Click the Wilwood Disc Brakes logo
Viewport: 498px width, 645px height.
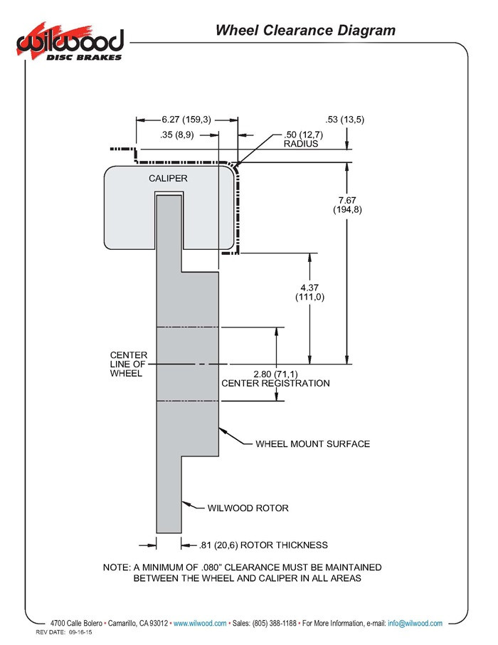tap(70, 41)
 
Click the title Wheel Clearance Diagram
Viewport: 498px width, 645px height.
tap(305, 30)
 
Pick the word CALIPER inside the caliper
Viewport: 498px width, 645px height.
tap(168, 178)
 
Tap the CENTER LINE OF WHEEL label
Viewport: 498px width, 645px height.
tap(128, 364)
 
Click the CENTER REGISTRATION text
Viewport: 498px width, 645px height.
tap(275, 384)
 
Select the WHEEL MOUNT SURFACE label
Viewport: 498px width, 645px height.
tap(312, 444)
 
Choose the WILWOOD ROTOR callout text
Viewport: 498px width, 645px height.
tap(248, 508)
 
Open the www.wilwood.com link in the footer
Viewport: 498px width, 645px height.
tap(200, 623)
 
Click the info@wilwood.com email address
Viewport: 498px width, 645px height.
tap(415, 623)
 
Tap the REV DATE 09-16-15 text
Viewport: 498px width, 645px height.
tap(64, 632)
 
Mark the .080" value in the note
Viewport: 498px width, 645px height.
tap(211, 567)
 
